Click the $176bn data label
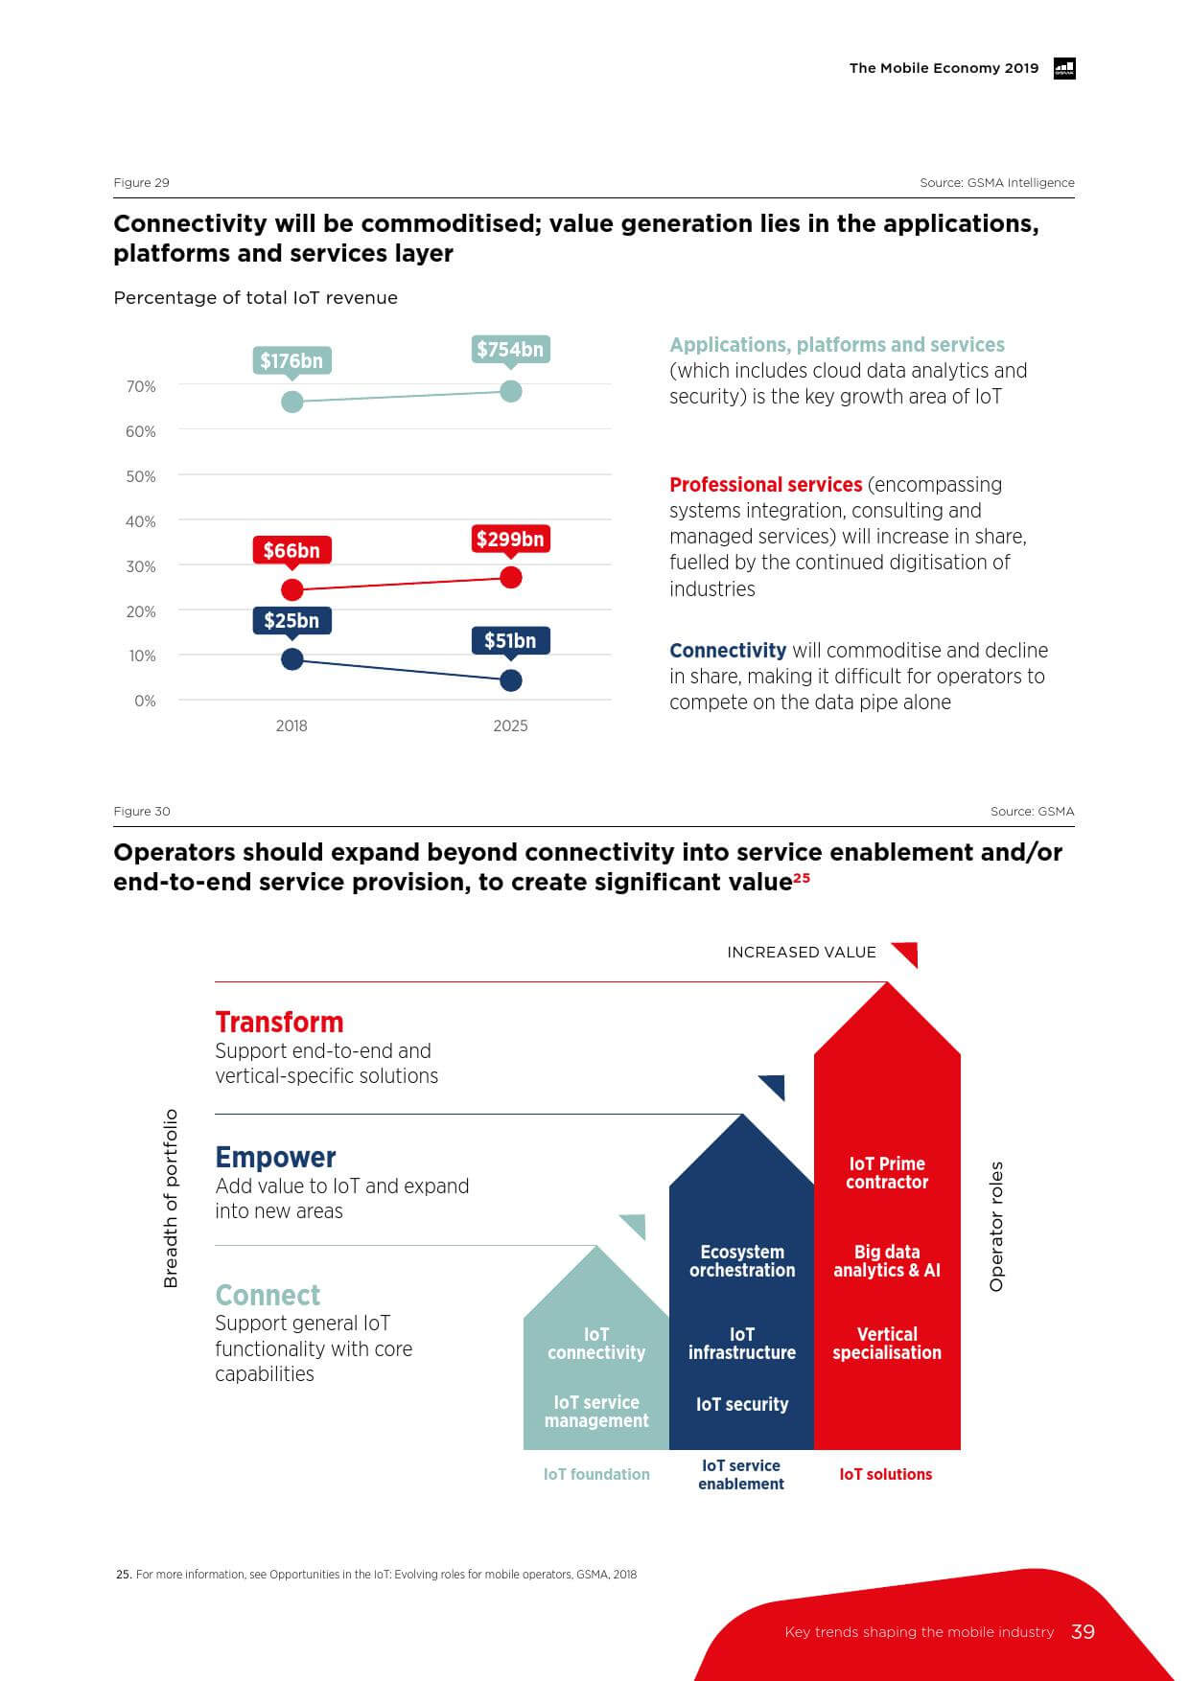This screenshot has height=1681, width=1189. (x=291, y=361)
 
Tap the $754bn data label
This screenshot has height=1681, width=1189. (x=510, y=350)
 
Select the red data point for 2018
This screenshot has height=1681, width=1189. (x=292, y=589)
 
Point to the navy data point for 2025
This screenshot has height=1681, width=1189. (x=511, y=679)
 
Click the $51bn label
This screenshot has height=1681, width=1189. (x=510, y=641)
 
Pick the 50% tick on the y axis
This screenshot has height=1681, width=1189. (x=141, y=476)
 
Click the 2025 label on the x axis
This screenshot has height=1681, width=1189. (x=510, y=725)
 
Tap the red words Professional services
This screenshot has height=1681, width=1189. (x=765, y=485)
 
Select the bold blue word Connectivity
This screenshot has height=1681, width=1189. (x=728, y=651)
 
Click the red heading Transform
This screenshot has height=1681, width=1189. (x=279, y=1022)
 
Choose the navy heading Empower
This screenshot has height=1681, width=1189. (x=275, y=1157)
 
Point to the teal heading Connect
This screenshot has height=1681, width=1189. (x=268, y=1295)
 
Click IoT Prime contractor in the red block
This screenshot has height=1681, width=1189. (x=887, y=1173)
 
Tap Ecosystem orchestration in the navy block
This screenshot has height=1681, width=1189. (x=742, y=1261)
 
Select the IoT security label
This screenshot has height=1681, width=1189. (x=742, y=1404)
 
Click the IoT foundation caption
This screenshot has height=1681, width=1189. (x=596, y=1474)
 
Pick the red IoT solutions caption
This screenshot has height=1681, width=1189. (x=885, y=1474)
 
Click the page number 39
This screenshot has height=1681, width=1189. (x=1083, y=1632)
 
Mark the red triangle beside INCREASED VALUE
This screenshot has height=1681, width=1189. (x=907, y=953)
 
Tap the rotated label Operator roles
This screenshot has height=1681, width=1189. (x=996, y=1226)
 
